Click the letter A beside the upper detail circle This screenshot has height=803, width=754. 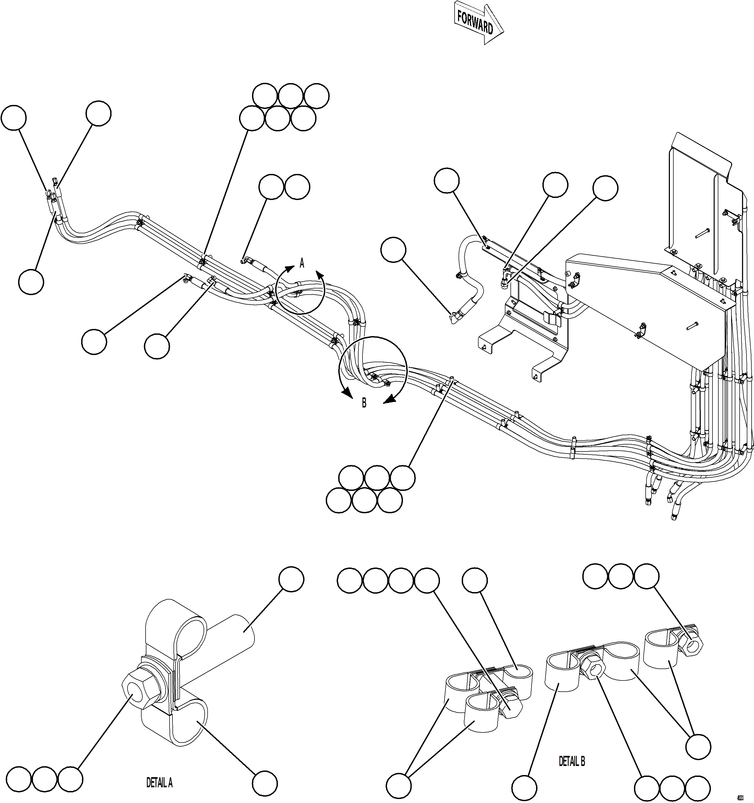tap(302, 263)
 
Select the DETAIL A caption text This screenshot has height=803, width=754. tap(159, 783)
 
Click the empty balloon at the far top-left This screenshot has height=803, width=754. tap(14, 118)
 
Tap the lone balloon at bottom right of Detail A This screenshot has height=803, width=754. tap(265, 784)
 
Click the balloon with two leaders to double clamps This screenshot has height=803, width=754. tap(398, 786)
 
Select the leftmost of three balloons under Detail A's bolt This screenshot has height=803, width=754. tap(19, 780)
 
